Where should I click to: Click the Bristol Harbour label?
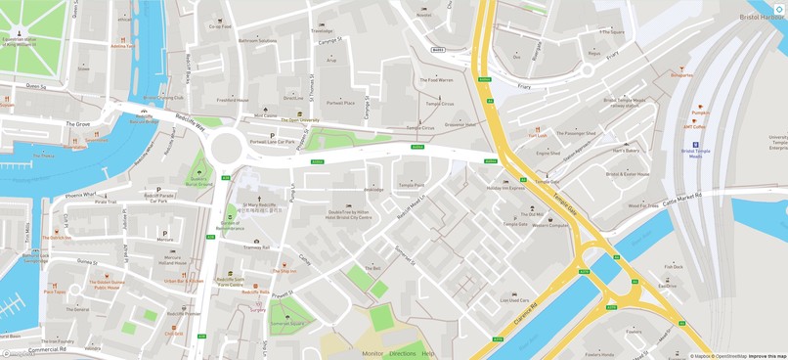click(x=763, y=17)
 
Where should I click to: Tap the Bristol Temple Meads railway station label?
click(x=625, y=102)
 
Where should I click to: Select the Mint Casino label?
click(x=266, y=115)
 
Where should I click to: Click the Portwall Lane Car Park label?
click(x=272, y=142)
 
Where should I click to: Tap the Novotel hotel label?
click(x=423, y=15)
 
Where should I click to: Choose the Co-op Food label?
click(x=220, y=26)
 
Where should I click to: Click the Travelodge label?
click(x=322, y=30)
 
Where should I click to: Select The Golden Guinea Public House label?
click(x=108, y=285)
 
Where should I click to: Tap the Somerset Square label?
click(x=287, y=323)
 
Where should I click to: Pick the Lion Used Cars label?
click(x=514, y=300)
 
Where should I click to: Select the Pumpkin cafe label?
click(x=700, y=112)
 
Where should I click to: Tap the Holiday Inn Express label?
click(x=505, y=187)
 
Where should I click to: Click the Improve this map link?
click(x=767, y=356)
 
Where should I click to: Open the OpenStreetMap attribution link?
click(x=730, y=356)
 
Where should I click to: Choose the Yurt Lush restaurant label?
click(x=538, y=135)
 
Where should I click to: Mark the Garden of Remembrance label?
click(x=231, y=227)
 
